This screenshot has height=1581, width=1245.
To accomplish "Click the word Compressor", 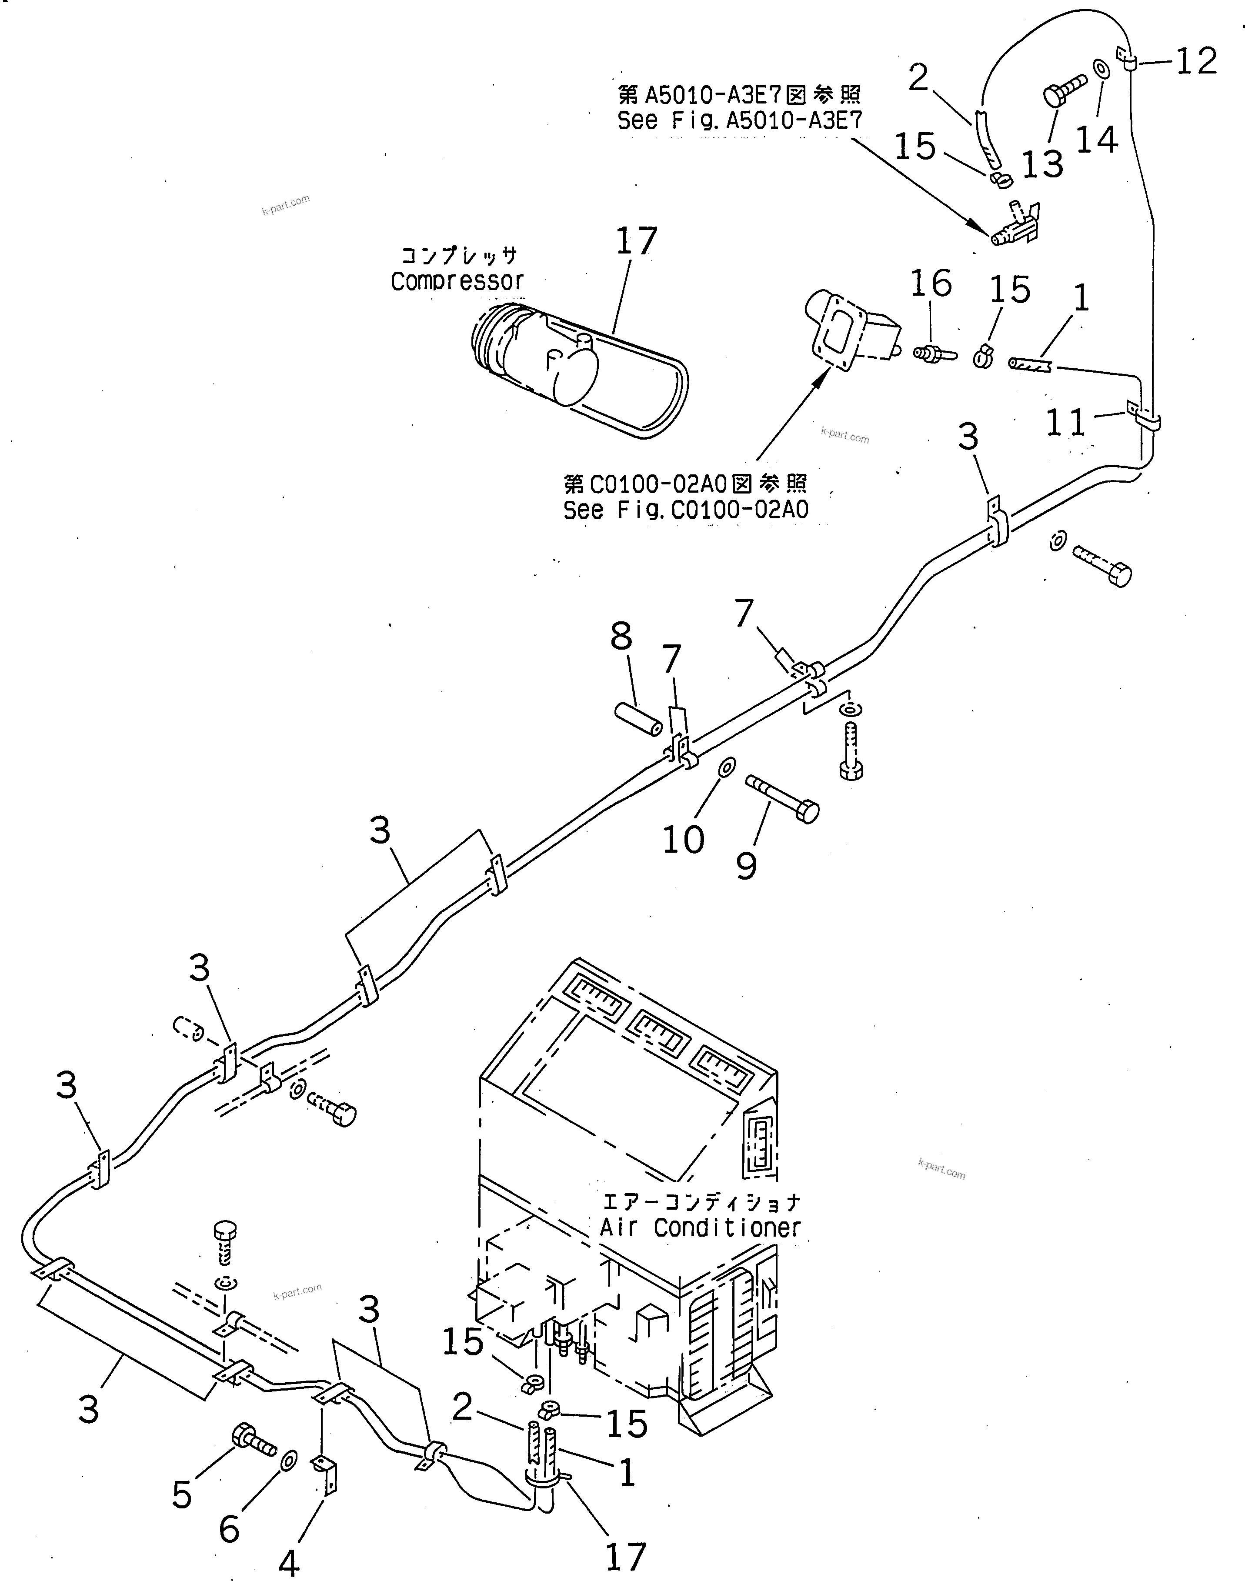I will click(x=457, y=281).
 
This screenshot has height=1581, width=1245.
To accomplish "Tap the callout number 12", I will click(x=1196, y=61).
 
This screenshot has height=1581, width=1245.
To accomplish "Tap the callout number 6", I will click(x=229, y=1528).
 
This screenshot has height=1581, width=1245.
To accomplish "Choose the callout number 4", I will click(x=289, y=1562).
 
